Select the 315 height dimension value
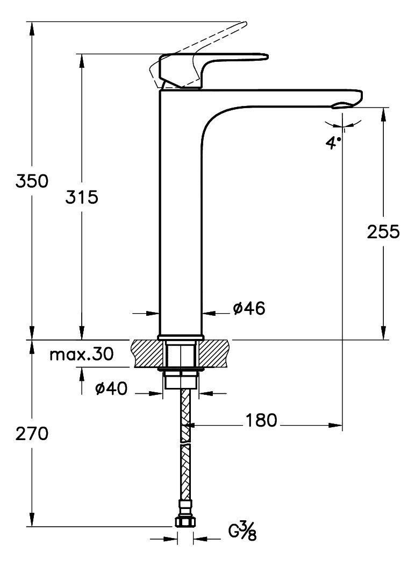(82, 198)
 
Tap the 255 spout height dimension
(383, 232)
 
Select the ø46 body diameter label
(249, 308)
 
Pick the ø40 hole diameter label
(111, 389)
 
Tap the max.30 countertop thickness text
(81, 355)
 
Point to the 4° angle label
(334, 143)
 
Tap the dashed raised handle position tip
(243, 24)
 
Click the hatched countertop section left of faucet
(145, 352)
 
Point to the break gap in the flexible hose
(185, 442)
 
